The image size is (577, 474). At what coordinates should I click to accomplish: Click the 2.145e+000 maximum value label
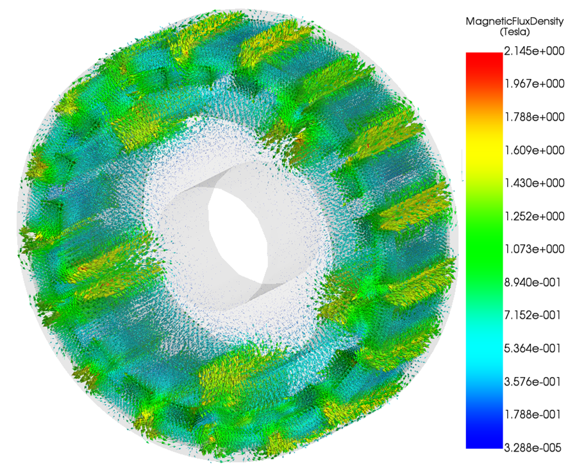(x=534, y=51)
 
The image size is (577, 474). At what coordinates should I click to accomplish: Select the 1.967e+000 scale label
(x=534, y=84)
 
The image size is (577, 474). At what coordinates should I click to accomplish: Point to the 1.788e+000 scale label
(x=534, y=117)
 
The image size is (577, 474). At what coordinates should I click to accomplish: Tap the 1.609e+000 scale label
(x=534, y=150)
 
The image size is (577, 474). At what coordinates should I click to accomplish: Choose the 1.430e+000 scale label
(x=534, y=183)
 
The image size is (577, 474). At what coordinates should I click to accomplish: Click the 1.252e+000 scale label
(x=534, y=216)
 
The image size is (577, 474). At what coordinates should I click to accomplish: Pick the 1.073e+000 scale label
(x=534, y=249)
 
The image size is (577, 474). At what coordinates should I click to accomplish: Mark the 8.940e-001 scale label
(x=533, y=282)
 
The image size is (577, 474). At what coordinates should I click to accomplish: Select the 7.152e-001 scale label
(x=533, y=315)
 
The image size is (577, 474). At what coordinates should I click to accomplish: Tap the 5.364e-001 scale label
(x=533, y=348)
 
